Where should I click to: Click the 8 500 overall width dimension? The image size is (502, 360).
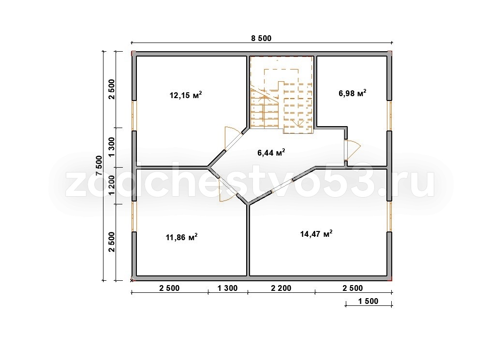pyautogui.click(x=261, y=38)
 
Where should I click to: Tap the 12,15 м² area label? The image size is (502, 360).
pyautogui.click(x=186, y=95)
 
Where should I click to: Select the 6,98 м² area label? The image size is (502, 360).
pyautogui.click(x=353, y=93)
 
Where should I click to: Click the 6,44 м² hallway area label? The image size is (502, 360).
pyautogui.click(x=271, y=153)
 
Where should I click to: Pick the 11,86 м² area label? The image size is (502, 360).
pyautogui.click(x=181, y=237)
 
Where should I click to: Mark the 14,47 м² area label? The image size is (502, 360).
pyautogui.click(x=316, y=233)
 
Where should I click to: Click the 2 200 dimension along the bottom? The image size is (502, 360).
pyautogui.click(x=281, y=288)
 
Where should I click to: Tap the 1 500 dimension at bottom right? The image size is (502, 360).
pyautogui.click(x=368, y=301)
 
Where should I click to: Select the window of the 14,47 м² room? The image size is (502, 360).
pyautogui.click(x=389, y=216)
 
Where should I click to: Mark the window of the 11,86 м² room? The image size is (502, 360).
pyautogui.click(x=134, y=216)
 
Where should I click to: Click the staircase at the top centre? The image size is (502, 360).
pyautogui.click(x=281, y=95)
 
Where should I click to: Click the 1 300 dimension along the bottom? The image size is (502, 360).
pyautogui.click(x=228, y=288)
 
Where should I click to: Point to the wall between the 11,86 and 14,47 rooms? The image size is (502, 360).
pyautogui.click(x=248, y=240)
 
